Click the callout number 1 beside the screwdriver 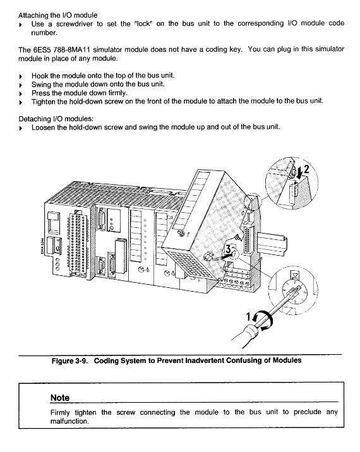(x=248, y=316)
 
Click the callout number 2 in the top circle (x=306, y=169)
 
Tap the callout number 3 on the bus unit (x=228, y=249)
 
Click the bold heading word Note (x=60, y=398)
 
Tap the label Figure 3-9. (x=70, y=360)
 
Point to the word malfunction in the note (x=69, y=421)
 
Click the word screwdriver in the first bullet (x=75, y=23)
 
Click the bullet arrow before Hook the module (x=20, y=76)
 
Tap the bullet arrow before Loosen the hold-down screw (x=20, y=128)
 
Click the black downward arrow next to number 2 (x=299, y=173)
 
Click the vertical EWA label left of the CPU (x=42, y=246)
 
